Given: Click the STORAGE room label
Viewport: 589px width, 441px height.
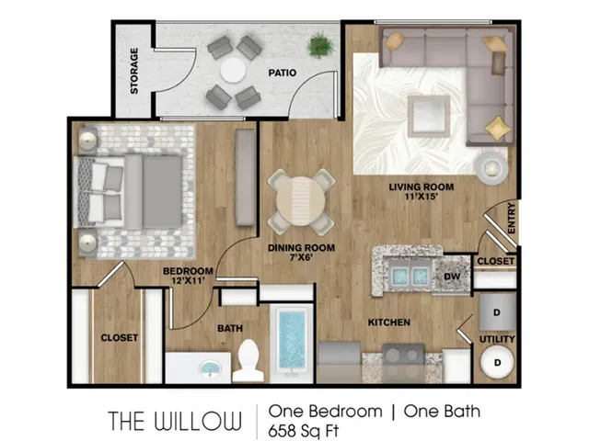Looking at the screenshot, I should [x=134, y=71].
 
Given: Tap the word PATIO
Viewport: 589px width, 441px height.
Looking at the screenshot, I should [x=282, y=73].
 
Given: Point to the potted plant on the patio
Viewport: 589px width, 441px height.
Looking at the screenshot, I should [x=320, y=46].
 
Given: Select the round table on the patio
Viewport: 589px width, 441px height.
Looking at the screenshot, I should [x=233, y=70].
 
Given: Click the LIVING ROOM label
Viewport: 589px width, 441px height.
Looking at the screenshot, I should [x=421, y=187].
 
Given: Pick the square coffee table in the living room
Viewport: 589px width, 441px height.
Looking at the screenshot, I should [x=429, y=115].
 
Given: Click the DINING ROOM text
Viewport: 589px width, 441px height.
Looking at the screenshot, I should [x=301, y=248].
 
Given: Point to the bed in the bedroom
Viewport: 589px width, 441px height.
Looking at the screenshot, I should [x=133, y=191].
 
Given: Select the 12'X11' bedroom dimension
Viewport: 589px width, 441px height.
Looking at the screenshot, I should [x=189, y=281].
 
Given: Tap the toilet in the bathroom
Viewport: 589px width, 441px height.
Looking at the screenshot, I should [x=248, y=361].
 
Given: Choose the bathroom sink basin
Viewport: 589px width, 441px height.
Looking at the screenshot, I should [x=210, y=369].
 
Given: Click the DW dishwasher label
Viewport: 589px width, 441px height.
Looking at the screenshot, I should [x=452, y=276].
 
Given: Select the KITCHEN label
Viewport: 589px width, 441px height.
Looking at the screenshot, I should [x=389, y=322].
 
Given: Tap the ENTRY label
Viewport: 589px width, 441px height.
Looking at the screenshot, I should [x=512, y=217].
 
